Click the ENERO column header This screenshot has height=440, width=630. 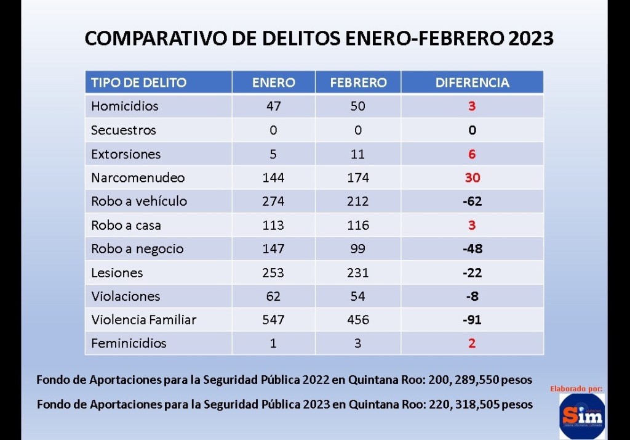tap(273, 83)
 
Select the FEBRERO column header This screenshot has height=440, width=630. tap(358, 83)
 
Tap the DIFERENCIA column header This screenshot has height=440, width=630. tap(472, 83)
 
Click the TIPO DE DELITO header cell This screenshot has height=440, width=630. tap(138, 83)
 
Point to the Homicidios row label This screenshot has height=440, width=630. tap(124, 106)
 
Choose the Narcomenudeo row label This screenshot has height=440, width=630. tap(138, 177)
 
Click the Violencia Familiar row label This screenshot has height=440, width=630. tap(143, 320)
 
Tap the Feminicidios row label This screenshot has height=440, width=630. tap(129, 343)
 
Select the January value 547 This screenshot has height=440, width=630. tap(273, 320)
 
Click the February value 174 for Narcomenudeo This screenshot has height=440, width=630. tap(357, 177)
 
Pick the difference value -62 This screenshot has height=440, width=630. tap(472, 202)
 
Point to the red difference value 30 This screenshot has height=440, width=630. tap(472, 177)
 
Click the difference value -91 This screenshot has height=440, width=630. tap(472, 320)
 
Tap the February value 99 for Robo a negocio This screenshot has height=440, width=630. tap(357, 249)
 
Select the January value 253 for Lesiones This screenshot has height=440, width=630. tap(273, 272)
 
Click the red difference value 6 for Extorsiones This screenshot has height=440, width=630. tap(472, 154)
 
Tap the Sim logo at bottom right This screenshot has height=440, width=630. tap(581, 416)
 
